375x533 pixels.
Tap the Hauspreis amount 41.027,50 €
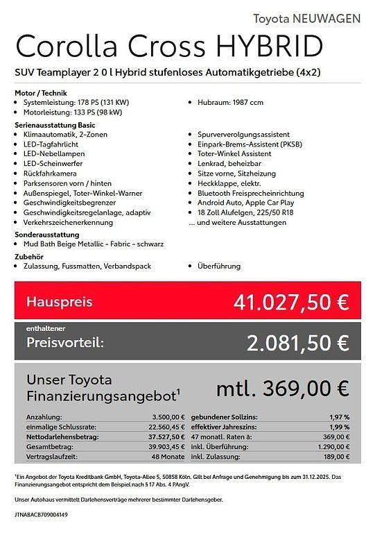pos(291,303)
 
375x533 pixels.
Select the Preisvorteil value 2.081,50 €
pos(297,342)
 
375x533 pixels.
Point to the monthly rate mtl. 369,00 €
pos(282,389)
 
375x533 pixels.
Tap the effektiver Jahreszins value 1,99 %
pos(339,428)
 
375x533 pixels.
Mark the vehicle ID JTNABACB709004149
pos(42,516)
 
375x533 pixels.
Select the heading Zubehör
pos(28,256)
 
